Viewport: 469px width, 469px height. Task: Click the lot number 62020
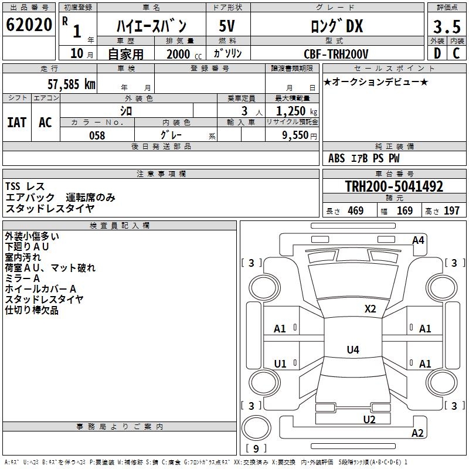[x=29, y=25]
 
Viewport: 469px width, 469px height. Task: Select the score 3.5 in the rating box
[x=447, y=26]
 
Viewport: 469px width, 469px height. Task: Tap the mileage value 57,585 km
[x=72, y=84]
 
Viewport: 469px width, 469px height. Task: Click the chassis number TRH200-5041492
[x=394, y=186]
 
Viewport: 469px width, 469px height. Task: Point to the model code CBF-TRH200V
[x=336, y=54]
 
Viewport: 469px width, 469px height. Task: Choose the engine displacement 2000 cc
[x=184, y=54]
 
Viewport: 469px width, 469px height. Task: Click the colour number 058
[x=97, y=135]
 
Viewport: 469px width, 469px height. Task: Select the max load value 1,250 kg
[x=297, y=111]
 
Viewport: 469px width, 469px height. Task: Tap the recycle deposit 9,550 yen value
[x=300, y=135]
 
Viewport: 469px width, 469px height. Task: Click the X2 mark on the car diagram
[x=370, y=309]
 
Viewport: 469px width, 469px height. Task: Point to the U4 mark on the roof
[x=353, y=349]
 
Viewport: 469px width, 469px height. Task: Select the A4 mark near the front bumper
[x=418, y=240]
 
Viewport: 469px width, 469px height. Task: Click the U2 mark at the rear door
[x=369, y=419]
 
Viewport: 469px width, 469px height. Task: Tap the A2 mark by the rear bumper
[x=417, y=433]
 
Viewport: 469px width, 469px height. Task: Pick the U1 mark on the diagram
[x=280, y=363]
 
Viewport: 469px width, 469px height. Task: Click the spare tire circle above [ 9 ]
[x=256, y=428]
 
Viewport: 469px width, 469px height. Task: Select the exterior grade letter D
[x=437, y=53]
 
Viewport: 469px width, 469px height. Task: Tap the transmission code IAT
[x=17, y=123]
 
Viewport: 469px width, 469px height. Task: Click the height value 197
[x=451, y=210]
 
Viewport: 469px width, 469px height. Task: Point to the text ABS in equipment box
[x=337, y=158]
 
